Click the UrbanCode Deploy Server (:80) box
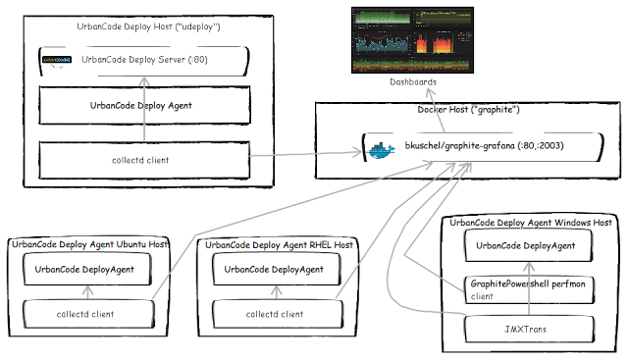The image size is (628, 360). tap(143, 60)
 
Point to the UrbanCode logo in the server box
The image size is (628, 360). tap(57, 61)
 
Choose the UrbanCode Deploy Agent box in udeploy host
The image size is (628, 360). tap(143, 105)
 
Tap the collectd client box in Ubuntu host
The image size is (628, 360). tap(85, 314)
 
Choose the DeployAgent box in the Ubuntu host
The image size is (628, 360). tap(85, 269)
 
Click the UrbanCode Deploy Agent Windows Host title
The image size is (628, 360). tap(531, 223)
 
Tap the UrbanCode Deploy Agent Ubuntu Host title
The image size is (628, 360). tap(89, 244)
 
